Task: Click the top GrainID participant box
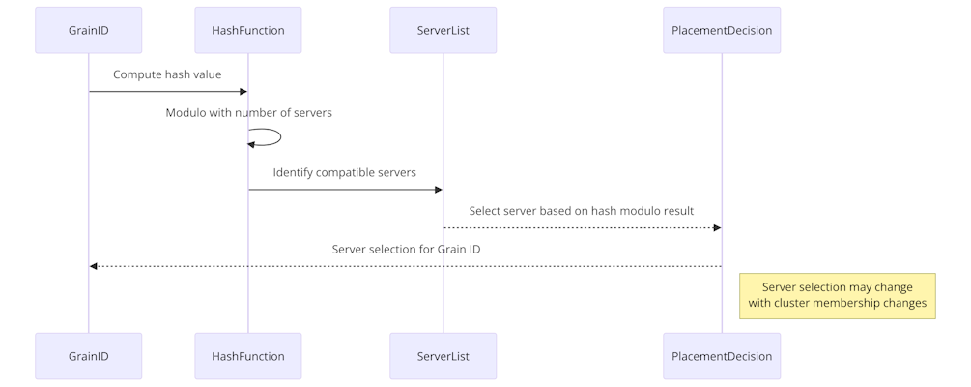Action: point(89,30)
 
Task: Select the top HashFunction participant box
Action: point(248,30)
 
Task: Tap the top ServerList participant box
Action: point(443,30)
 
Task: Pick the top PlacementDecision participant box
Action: point(722,30)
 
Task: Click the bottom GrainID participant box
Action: point(89,356)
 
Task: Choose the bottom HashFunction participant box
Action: point(248,356)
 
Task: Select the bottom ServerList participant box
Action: point(443,356)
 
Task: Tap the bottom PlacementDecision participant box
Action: point(722,356)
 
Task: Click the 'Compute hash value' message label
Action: point(167,74)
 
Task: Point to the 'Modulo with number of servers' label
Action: point(249,113)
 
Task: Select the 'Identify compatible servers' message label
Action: point(344,172)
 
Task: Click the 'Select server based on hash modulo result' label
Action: point(582,211)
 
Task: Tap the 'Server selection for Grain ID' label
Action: point(406,250)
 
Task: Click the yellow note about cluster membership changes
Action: point(838,296)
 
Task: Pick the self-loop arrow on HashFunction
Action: point(280,137)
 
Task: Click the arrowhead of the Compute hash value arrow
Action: point(243,92)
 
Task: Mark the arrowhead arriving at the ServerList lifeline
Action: point(439,190)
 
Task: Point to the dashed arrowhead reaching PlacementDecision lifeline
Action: point(717,228)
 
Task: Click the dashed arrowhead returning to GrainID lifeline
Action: point(94,267)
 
